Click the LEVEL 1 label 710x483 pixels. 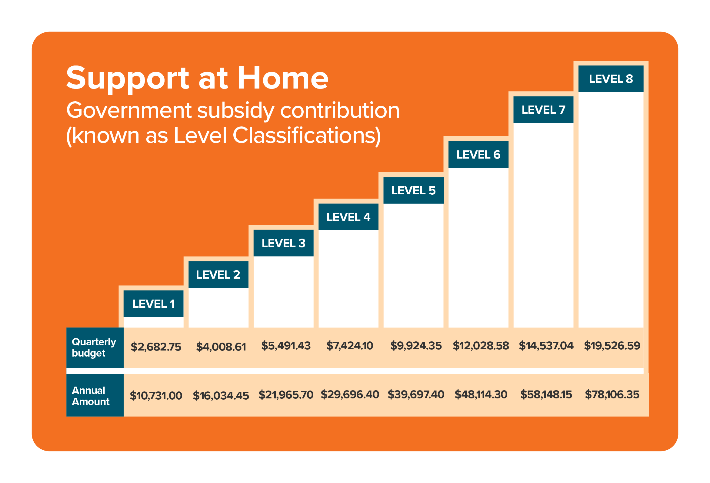[153, 304]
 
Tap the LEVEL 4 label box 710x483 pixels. [348, 217]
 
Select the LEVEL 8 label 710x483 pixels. [611, 79]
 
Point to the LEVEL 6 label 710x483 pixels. [478, 154]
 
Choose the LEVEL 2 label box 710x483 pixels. [218, 274]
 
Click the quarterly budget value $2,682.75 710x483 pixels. [156, 347]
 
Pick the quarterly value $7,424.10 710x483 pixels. [349, 346]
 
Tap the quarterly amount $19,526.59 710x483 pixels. [612, 345]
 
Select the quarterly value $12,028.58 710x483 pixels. [481, 346]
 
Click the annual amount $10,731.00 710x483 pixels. [156, 396]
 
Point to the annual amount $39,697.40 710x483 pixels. [415, 394]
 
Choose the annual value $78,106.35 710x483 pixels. [612, 394]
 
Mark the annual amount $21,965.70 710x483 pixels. [286, 395]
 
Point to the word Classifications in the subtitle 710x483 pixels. [306, 136]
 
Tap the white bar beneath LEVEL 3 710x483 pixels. [283, 292]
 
